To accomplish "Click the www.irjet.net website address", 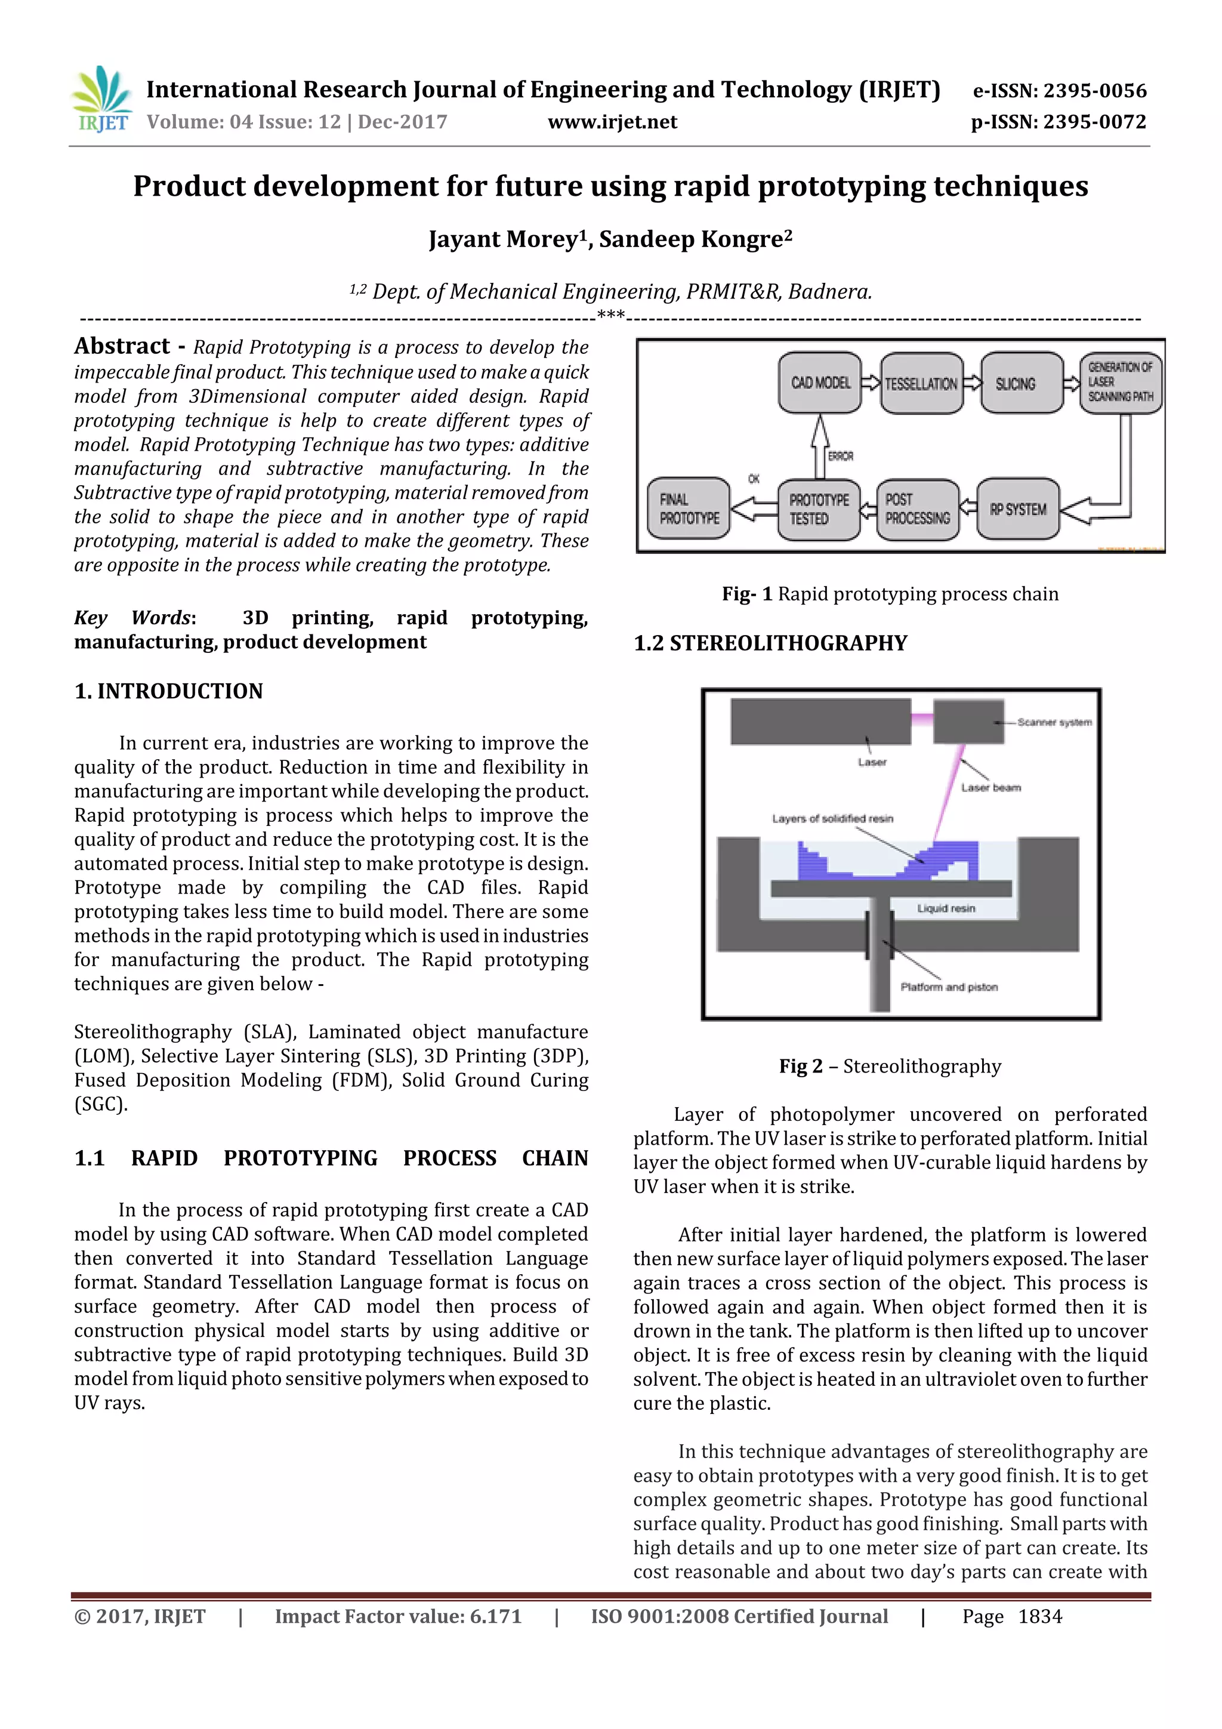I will tap(612, 122).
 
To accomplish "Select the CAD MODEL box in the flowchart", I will tap(820, 383).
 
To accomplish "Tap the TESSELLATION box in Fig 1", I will tap(921, 384).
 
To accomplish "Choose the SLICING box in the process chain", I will tap(1015, 384).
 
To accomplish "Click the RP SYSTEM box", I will tap(1018, 510).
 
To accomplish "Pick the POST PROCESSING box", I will tap(917, 510).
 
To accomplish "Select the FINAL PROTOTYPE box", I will tap(689, 509).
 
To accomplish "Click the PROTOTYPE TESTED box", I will tap(819, 510).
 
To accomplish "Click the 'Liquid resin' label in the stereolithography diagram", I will tap(946, 909).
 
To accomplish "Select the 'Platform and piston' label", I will tap(949, 987).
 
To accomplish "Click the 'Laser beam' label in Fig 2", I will tap(991, 788).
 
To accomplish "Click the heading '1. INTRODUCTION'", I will tap(169, 691).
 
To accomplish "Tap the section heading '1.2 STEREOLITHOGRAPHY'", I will tap(770, 643).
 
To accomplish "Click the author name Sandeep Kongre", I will tap(695, 239).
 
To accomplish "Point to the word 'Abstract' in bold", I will tap(122, 346).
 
